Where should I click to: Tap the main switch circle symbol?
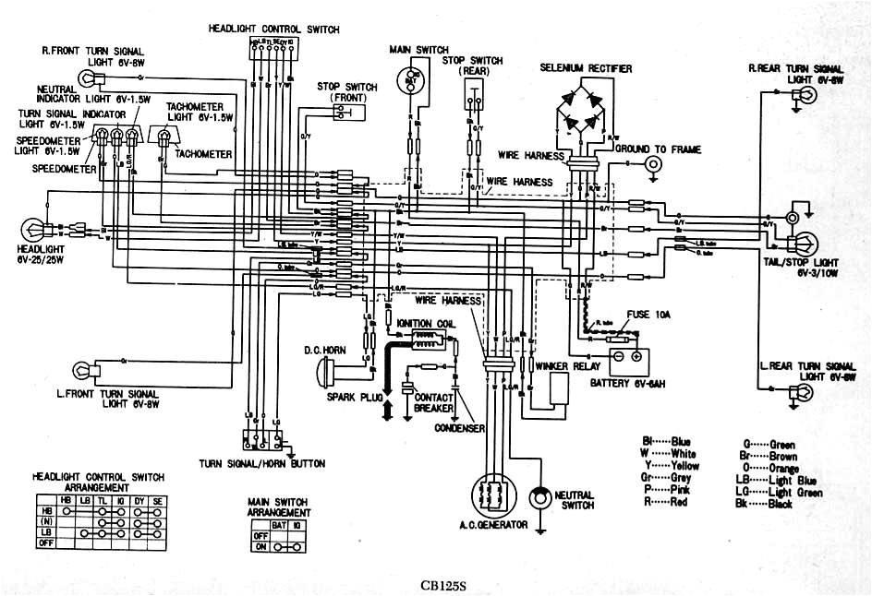(x=411, y=78)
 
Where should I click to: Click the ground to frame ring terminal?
(x=654, y=164)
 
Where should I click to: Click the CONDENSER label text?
(x=460, y=428)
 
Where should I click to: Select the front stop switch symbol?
(x=343, y=112)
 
